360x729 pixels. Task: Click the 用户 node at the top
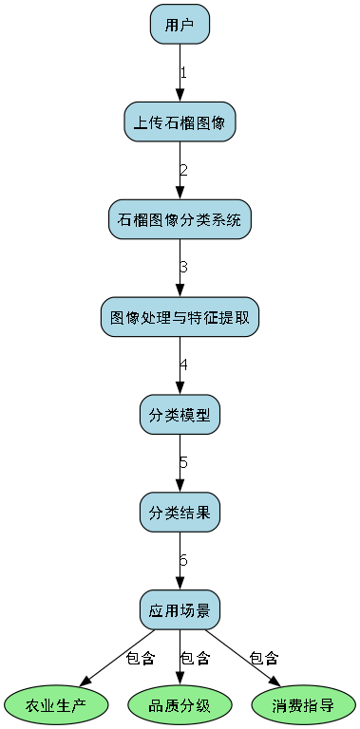(180, 24)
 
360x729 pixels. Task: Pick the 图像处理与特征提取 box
(180, 317)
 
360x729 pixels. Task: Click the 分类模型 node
(180, 415)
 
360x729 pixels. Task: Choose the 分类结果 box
(180, 513)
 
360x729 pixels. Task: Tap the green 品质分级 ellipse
(180, 705)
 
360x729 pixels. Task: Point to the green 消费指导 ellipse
(303, 705)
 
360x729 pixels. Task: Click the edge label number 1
(183, 72)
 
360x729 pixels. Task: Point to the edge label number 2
(183, 170)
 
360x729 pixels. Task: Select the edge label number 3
(183, 268)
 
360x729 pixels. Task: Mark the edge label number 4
(183, 365)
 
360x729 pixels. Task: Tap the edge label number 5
(183, 463)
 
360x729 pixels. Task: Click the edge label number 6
(183, 561)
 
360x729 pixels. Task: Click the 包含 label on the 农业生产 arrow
(140, 658)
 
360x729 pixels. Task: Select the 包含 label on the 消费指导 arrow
(263, 658)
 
